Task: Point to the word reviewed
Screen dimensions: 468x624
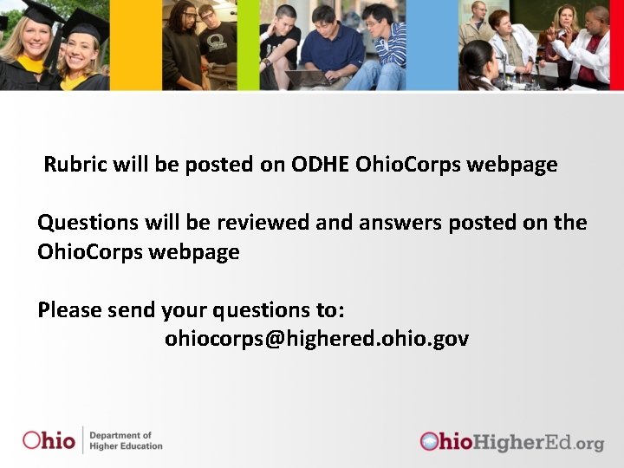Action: click(263, 223)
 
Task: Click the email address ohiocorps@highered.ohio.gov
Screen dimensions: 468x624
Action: click(316, 338)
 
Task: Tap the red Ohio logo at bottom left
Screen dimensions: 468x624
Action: click(49, 439)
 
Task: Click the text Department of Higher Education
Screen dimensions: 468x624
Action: click(126, 440)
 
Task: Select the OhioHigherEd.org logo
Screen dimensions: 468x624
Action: click(511, 442)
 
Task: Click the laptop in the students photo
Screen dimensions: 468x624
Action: click(309, 78)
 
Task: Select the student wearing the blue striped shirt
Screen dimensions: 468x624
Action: click(381, 48)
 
